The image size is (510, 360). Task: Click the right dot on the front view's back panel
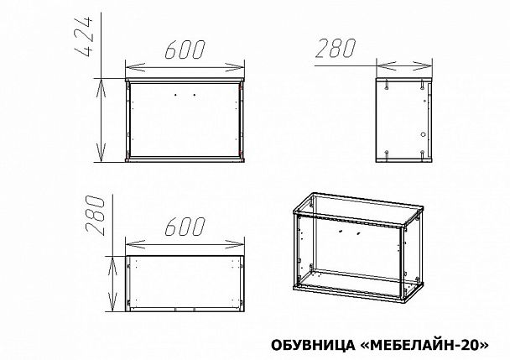click(194, 95)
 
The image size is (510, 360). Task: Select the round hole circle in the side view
click(423, 134)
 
